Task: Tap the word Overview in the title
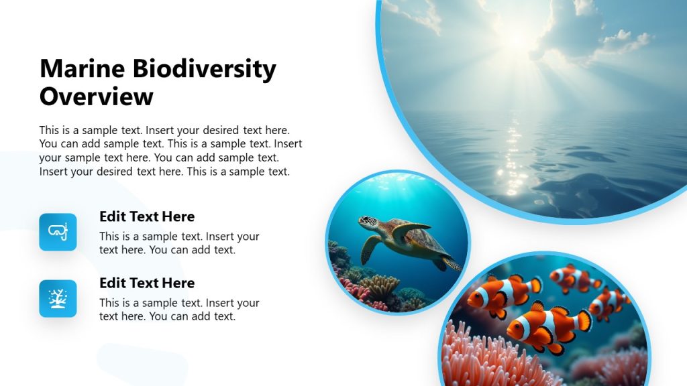click(97, 96)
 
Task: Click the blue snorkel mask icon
click(58, 232)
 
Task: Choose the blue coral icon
click(58, 298)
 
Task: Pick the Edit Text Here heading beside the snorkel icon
click(147, 216)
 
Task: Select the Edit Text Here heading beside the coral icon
click(147, 283)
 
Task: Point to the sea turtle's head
click(367, 222)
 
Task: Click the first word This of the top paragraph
click(50, 130)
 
